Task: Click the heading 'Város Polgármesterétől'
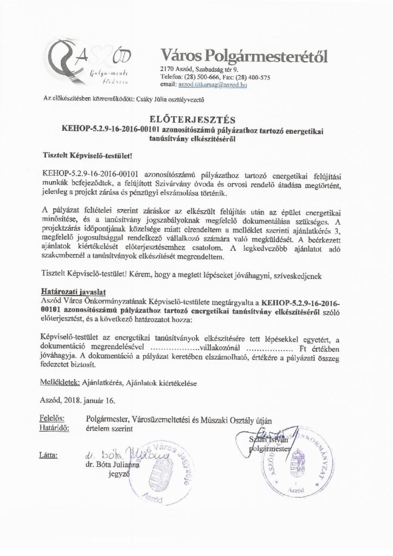[244, 55]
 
